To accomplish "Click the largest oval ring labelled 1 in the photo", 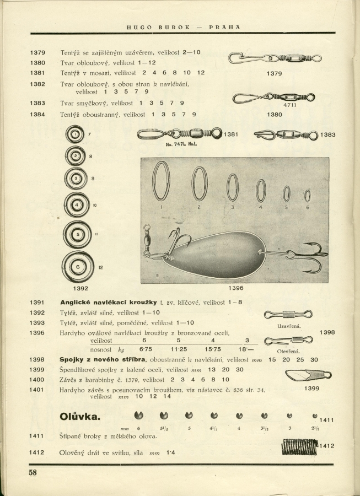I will click(x=161, y=181).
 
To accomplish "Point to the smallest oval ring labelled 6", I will click(x=307, y=196).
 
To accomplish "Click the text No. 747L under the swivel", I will click(x=175, y=145).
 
